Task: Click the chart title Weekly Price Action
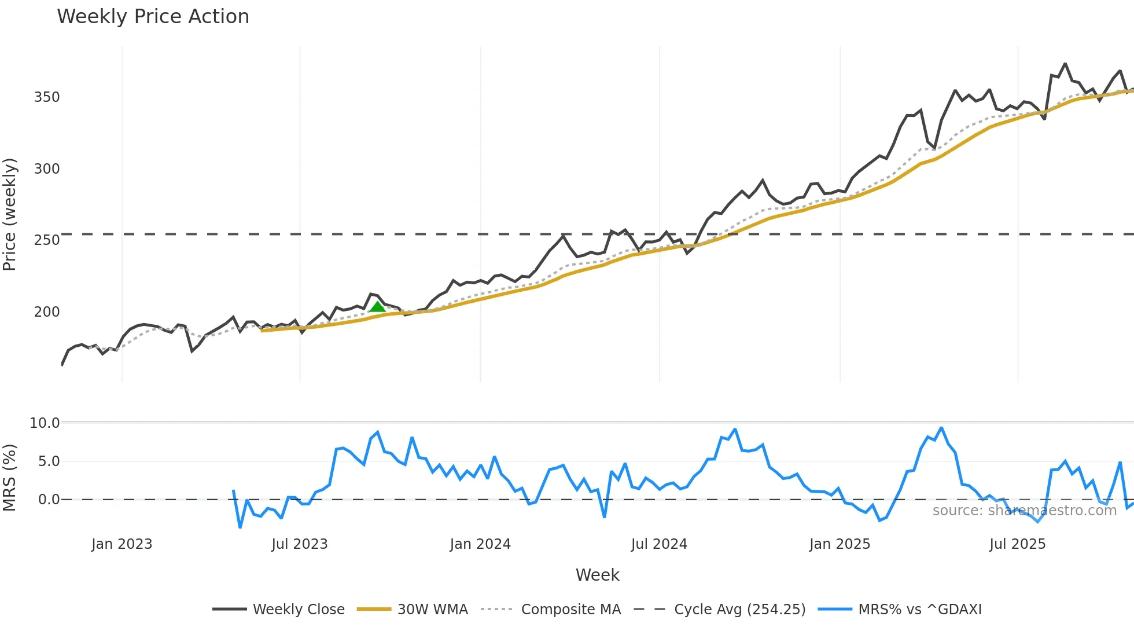153,17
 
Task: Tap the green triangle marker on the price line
377,307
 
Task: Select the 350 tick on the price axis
47,97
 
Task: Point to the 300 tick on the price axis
47,169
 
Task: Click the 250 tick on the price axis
47,240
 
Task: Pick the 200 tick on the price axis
47,312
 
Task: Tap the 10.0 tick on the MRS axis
45,423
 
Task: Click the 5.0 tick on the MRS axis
49,461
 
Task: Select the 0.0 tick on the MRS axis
49,500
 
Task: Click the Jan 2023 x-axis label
122,544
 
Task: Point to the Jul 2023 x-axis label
300,544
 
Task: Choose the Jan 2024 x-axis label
480,544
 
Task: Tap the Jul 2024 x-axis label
659,544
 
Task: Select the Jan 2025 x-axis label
840,544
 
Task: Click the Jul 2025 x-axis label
1018,544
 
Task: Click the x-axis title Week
597,575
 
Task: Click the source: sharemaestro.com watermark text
1024,511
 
